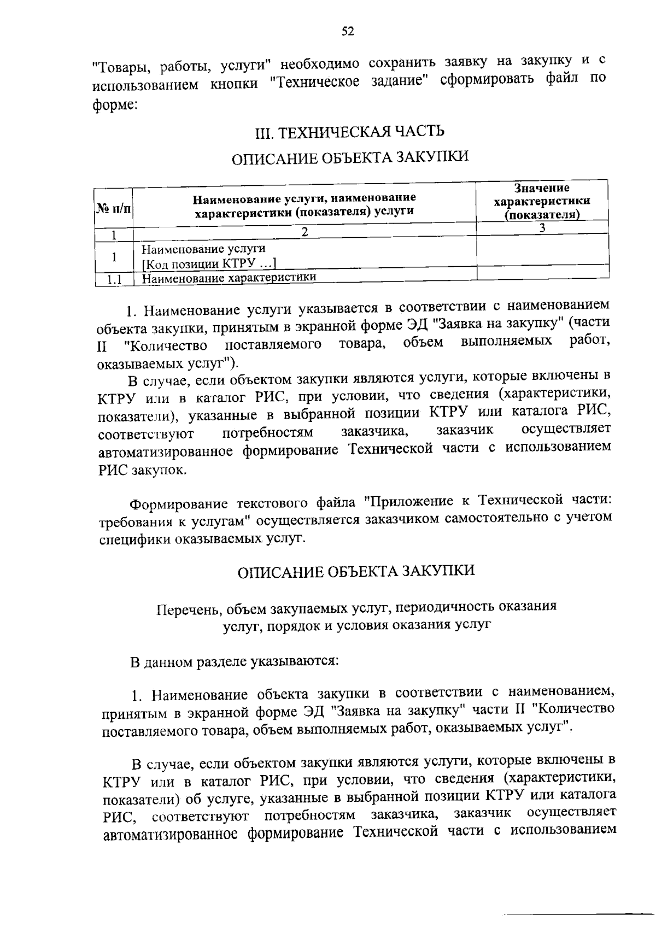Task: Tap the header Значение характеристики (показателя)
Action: (x=542, y=201)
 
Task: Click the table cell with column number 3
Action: (x=542, y=228)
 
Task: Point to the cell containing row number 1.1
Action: (x=114, y=280)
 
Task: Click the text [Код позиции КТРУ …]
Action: (x=208, y=265)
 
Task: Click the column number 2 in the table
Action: (x=305, y=232)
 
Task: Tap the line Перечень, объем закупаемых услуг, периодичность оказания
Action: (x=356, y=607)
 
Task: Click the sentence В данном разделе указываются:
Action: (x=235, y=662)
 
